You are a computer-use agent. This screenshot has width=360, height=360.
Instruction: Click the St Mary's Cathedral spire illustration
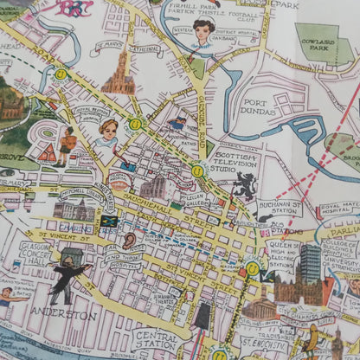pyautogui.click(x=119, y=73)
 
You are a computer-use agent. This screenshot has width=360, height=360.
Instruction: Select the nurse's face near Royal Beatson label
pyautogui.click(x=108, y=132)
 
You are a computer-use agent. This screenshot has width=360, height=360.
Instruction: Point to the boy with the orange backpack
pyautogui.click(x=66, y=144)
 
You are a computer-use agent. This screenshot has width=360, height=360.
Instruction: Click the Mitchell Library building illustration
pyautogui.click(x=74, y=209)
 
